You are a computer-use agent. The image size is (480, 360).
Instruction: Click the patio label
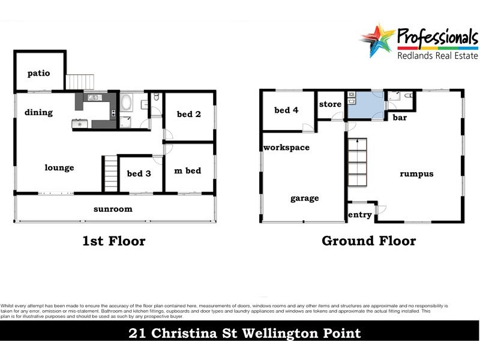[x=38, y=73]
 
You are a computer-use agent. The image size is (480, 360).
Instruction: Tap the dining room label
[x=38, y=112]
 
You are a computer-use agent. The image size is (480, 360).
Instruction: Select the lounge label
[x=59, y=168]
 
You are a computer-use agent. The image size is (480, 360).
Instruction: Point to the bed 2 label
[x=188, y=114]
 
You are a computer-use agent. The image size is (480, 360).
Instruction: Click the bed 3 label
[x=139, y=174]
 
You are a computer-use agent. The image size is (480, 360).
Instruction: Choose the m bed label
[x=187, y=171]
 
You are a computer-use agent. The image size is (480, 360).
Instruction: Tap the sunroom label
[x=113, y=209]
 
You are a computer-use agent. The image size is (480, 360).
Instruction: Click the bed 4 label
[x=286, y=110]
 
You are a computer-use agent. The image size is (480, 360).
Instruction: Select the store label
[x=330, y=104]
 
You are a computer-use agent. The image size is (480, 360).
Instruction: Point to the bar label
[x=400, y=118]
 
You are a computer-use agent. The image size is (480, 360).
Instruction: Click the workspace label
[x=286, y=148]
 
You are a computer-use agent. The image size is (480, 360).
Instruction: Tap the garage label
[x=305, y=199]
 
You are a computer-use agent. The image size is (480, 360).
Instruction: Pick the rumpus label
[x=416, y=174]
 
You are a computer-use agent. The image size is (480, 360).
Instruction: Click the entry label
[x=360, y=215]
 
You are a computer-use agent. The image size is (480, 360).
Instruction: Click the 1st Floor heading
[x=113, y=241]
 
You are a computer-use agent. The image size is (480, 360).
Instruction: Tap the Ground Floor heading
[x=368, y=241]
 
